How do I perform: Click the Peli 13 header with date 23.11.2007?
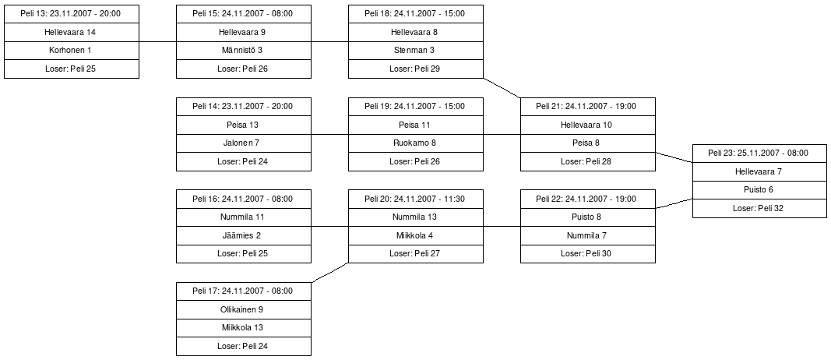pos(72,14)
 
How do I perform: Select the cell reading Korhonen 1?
pos(72,51)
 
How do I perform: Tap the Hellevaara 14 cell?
pos(72,33)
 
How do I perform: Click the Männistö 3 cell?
pos(244,51)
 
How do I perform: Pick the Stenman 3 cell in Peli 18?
pos(416,51)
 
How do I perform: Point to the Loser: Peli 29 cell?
pos(416,69)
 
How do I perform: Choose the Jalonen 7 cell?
pos(244,143)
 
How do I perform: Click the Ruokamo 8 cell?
pos(416,143)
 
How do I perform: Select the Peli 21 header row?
pos(588,107)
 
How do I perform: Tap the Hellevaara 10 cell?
pos(588,125)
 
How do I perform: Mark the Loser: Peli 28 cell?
pos(588,162)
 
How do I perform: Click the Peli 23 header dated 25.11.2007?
pos(759,154)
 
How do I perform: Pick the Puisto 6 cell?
pos(759,190)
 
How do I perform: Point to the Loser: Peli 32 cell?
pos(759,208)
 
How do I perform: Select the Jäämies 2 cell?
pos(244,235)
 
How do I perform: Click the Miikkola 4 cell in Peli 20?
pos(416,235)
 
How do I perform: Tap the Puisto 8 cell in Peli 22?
pos(588,217)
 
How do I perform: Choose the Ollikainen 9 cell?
pos(244,309)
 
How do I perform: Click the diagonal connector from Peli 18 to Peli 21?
pos(502,88)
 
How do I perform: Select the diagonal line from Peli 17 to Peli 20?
pos(330,273)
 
